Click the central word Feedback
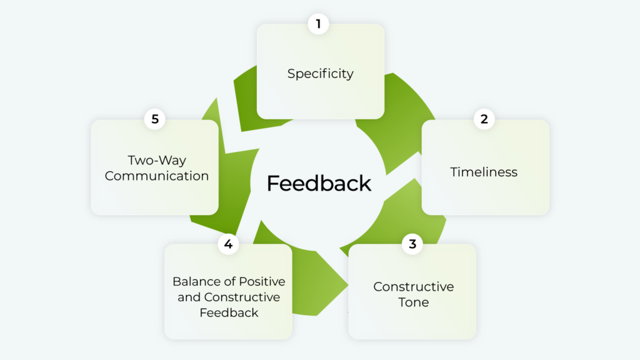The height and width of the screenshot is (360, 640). coord(319,183)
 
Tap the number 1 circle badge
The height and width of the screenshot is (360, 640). coord(318,24)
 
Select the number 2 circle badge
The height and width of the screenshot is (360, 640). coord(484,119)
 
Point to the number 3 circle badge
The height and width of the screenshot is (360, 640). coord(412,244)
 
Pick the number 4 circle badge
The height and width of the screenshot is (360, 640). coord(228,244)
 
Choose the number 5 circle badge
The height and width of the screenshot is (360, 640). coord(154,119)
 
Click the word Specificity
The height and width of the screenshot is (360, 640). coord(320,74)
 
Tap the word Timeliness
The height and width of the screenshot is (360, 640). coord(484,172)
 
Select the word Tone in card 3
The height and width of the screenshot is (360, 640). coord(413,302)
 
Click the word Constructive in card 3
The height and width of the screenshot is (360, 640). coord(413,287)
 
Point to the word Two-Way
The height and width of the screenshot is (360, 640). coord(157,160)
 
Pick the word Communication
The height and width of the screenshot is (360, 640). coord(157,176)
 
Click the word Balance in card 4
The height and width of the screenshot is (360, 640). coord(195,281)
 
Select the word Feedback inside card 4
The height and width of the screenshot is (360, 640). coord(228,312)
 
